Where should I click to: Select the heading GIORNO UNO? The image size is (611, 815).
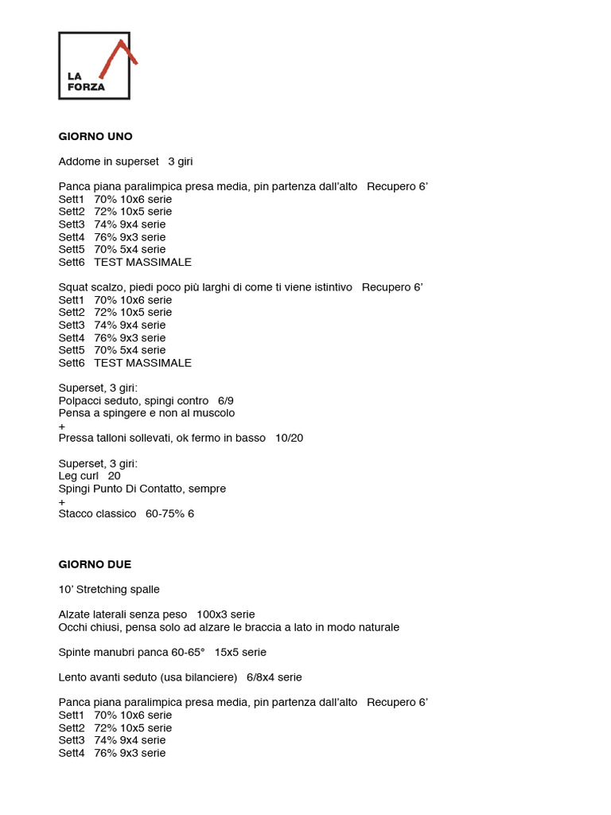(x=95, y=136)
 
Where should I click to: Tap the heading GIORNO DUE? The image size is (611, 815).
(x=95, y=564)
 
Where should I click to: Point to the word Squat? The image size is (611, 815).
(x=73, y=287)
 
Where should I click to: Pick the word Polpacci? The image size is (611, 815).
(x=80, y=401)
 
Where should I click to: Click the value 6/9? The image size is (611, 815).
(x=225, y=401)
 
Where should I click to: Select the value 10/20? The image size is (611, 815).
(x=289, y=438)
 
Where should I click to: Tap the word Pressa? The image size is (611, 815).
(x=76, y=438)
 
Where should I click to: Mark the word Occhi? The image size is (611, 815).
(x=74, y=627)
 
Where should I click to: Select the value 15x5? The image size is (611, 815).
(x=228, y=652)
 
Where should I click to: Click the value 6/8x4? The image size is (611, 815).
(x=262, y=677)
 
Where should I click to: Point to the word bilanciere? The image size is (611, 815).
(x=209, y=677)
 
